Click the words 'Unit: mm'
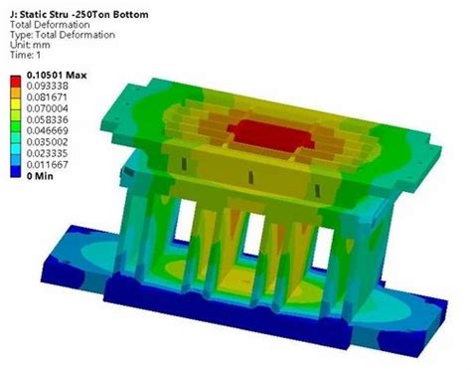click(31, 43)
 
